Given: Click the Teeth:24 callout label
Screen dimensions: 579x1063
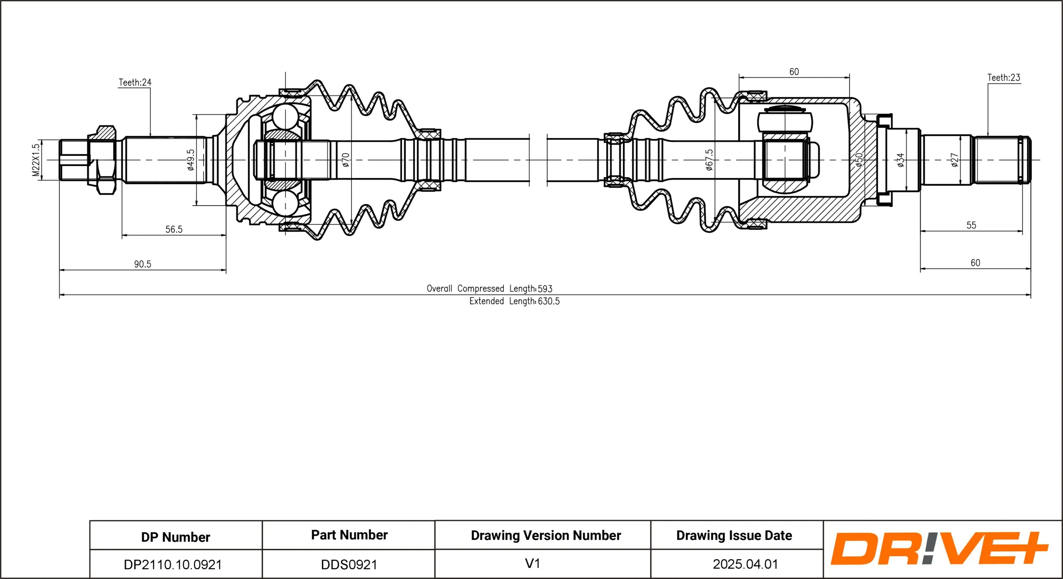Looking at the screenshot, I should pyautogui.click(x=135, y=82).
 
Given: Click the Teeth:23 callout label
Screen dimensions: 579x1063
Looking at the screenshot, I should pyautogui.click(x=1003, y=78).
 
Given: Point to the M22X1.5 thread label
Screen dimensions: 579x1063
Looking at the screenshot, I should pyautogui.click(x=36, y=160).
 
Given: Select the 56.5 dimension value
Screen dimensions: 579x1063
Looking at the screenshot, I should pyautogui.click(x=174, y=229).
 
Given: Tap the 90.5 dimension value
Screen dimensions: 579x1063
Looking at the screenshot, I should pyautogui.click(x=142, y=264).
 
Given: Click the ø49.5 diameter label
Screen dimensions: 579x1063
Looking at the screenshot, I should pyautogui.click(x=190, y=160).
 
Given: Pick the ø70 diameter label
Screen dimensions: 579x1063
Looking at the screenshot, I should pyautogui.click(x=346, y=160).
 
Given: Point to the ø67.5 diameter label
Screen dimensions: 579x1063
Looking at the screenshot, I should pyautogui.click(x=709, y=160).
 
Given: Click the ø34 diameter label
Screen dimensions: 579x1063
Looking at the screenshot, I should pyautogui.click(x=900, y=160).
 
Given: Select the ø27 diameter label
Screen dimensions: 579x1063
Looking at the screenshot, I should pyautogui.click(x=955, y=160).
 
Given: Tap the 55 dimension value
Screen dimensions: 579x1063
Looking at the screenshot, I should pyautogui.click(x=971, y=225).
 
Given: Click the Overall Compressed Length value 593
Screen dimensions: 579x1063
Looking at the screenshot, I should pyautogui.click(x=545, y=289).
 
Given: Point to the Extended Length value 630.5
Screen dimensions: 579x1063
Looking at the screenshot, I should pyautogui.click(x=549, y=301).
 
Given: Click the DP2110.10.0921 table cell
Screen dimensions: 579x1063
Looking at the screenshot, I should pyautogui.click(x=173, y=565).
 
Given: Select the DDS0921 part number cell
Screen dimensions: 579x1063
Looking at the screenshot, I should pyautogui.click(x=349, y=565).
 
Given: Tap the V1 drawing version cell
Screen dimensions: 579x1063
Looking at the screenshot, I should pyautogui.click(x=532, y=564).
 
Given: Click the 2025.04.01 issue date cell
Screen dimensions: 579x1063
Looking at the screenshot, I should pyautogui.click(x=745, y=564).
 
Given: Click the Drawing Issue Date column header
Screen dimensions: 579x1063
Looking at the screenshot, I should pyautogui.click(x=734, y=536).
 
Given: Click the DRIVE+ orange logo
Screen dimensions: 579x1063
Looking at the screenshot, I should pyautogui.click(x=939, y=549).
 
